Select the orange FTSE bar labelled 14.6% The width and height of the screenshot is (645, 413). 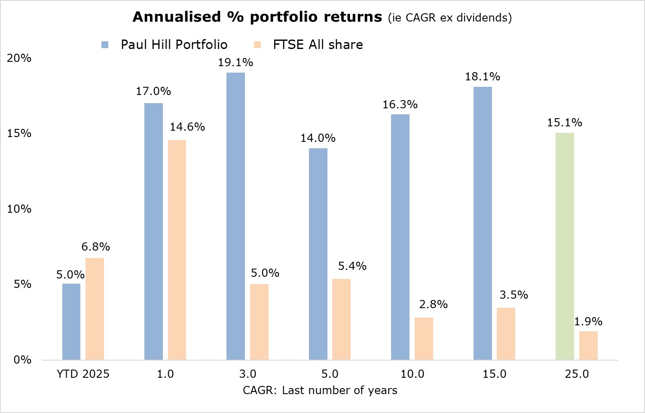[177, 250]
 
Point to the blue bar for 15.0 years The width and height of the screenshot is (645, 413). [483, 223]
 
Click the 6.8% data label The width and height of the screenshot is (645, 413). [96, 247]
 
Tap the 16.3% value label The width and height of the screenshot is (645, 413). [400, 104]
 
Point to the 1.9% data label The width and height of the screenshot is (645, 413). [588, 321]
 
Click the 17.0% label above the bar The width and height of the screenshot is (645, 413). [153, 91]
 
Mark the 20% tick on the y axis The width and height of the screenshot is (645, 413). [19, 58]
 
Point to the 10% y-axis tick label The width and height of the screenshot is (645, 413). [19, 209]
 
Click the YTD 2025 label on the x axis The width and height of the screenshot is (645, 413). [83, 374]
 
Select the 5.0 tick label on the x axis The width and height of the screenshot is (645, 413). [330, 374]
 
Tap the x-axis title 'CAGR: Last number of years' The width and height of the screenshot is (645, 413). [320, 390]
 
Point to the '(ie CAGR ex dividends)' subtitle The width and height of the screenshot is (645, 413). [450, 18]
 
